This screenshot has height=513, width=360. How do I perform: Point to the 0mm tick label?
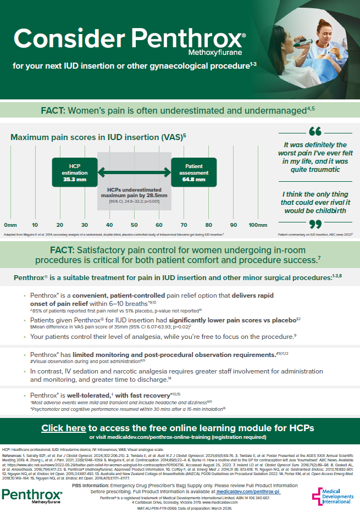pyautogui.click(x=10, y=225)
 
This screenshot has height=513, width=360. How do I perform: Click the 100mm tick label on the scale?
pyautogui.click(x=257, y=225)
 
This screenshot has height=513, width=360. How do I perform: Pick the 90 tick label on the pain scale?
pyautogui.click(x=233, y=225)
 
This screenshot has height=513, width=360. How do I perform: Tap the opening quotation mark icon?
pyautogui.click(x=315, y=132)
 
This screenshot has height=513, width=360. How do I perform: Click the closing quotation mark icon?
pyautogui.click(x=315, y=224)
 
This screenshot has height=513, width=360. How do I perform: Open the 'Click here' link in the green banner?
pyautogui.click(x=64, y=427)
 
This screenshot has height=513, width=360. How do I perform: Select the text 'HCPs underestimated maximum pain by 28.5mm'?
pyautogui.click(x=134, y=192)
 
